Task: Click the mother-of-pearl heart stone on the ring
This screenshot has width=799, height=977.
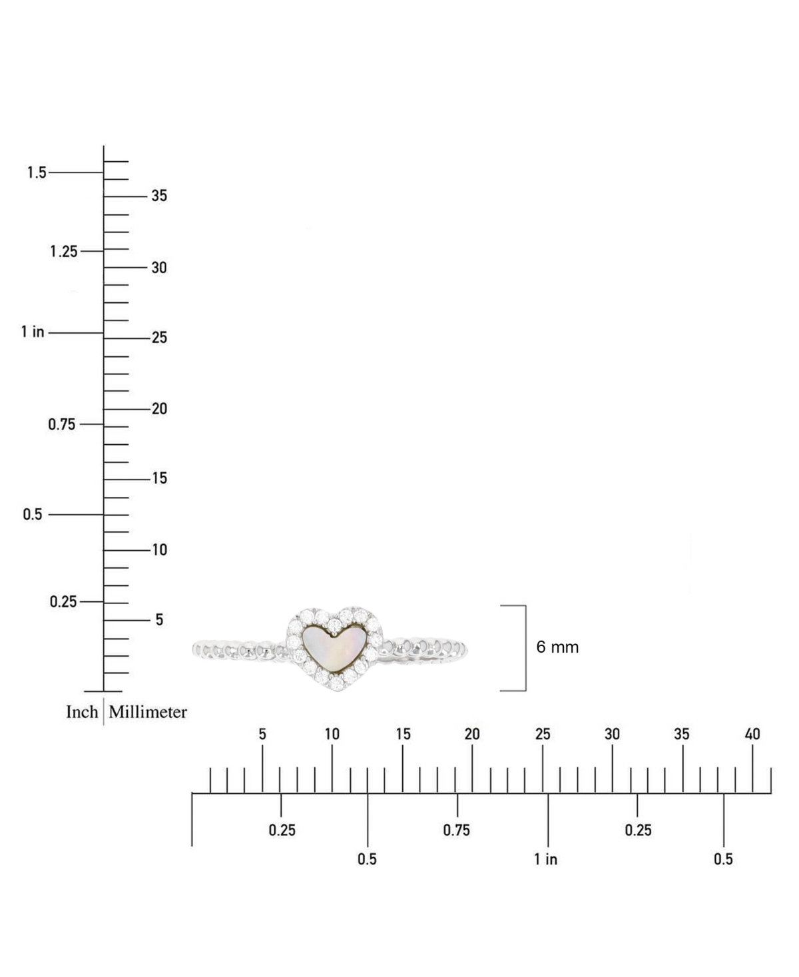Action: pos(334,648)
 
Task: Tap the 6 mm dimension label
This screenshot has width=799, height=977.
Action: pos(557,647)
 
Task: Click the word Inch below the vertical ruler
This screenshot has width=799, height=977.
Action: pos(82,712)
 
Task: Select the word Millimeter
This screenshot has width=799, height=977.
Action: pos(148,712)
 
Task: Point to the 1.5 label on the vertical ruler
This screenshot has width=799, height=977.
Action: pos(37,172)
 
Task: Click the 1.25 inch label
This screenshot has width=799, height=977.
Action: pos(64,252)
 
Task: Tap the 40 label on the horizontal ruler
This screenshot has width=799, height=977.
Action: pos(752,735)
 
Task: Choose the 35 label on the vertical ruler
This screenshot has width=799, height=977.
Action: pos(159,196)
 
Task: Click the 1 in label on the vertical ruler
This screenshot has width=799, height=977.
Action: pos(33,332)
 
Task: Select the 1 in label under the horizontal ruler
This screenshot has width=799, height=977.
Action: pos(545,859)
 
